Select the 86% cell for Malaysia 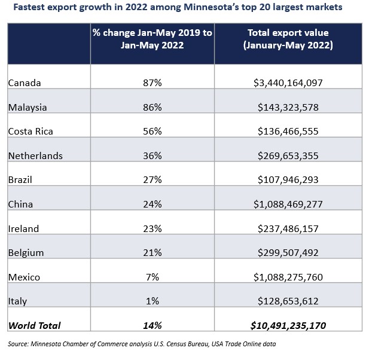152,108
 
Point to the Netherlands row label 35,156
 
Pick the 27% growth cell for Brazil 152,180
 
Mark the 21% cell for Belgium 152,253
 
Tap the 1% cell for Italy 152,301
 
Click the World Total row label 34,325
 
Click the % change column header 152,39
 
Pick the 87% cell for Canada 152,83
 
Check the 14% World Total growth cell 152,325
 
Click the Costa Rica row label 28,132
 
